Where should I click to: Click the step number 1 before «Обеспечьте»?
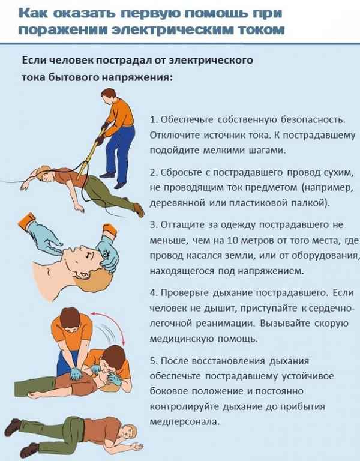tap(153, 120)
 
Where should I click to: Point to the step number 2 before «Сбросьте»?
tap(154, 172)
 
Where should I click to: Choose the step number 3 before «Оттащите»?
tap(154, 225)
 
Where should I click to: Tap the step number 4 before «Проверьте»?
tap(154, 293)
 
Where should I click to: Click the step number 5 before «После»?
tap(154, 361)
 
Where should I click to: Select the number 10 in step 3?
tap(232, 240)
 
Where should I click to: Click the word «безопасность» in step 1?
tap(313, 120)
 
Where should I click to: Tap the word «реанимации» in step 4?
tap(225, 324)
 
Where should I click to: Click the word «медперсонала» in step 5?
tap(185, 422)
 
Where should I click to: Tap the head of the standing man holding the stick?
tap(109, 96)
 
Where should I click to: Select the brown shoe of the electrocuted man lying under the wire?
tap(139, 209)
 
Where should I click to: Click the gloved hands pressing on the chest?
tap(76, 373)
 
